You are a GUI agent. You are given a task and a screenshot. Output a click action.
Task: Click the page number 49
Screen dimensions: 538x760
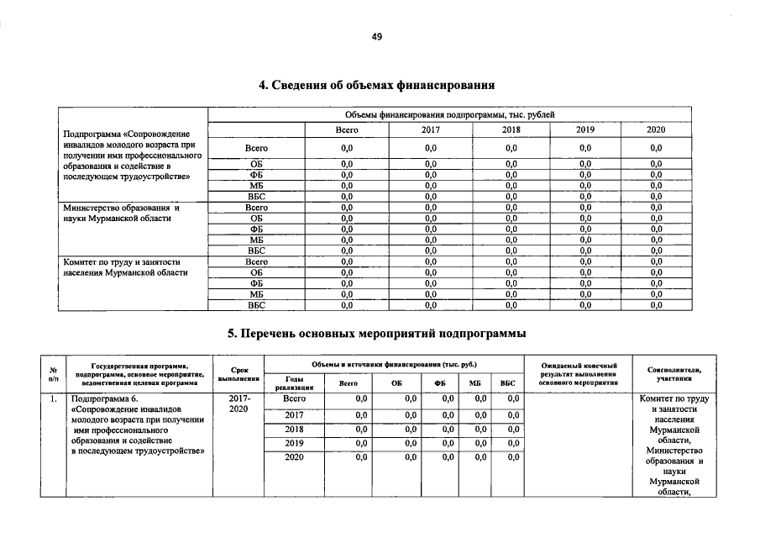[x=377, y=36]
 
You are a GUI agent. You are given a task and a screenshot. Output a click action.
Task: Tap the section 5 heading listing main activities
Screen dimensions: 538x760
[x=377, y=334]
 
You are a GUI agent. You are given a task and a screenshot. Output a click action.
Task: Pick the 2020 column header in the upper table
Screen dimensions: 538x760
[x=656, y=130]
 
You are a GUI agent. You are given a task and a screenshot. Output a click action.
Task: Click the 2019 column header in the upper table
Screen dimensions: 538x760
[x=585, y=130]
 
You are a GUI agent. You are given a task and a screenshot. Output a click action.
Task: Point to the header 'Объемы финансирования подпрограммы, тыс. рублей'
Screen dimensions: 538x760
[x=449, y=114]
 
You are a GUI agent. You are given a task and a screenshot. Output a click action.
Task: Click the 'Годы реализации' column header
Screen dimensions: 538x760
[x=294, y=383]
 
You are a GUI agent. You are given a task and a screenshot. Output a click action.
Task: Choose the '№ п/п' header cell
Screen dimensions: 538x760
[x=53, y=374]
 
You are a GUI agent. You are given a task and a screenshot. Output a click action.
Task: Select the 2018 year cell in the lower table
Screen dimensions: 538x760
[x=294, y=429]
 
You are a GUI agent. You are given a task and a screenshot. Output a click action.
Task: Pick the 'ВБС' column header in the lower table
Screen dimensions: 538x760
[x=507, y=383]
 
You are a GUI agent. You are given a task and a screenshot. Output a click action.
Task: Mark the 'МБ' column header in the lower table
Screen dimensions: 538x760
[x=475, y=383]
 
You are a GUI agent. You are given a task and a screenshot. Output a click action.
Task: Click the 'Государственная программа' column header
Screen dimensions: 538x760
[x=140, y=374]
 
